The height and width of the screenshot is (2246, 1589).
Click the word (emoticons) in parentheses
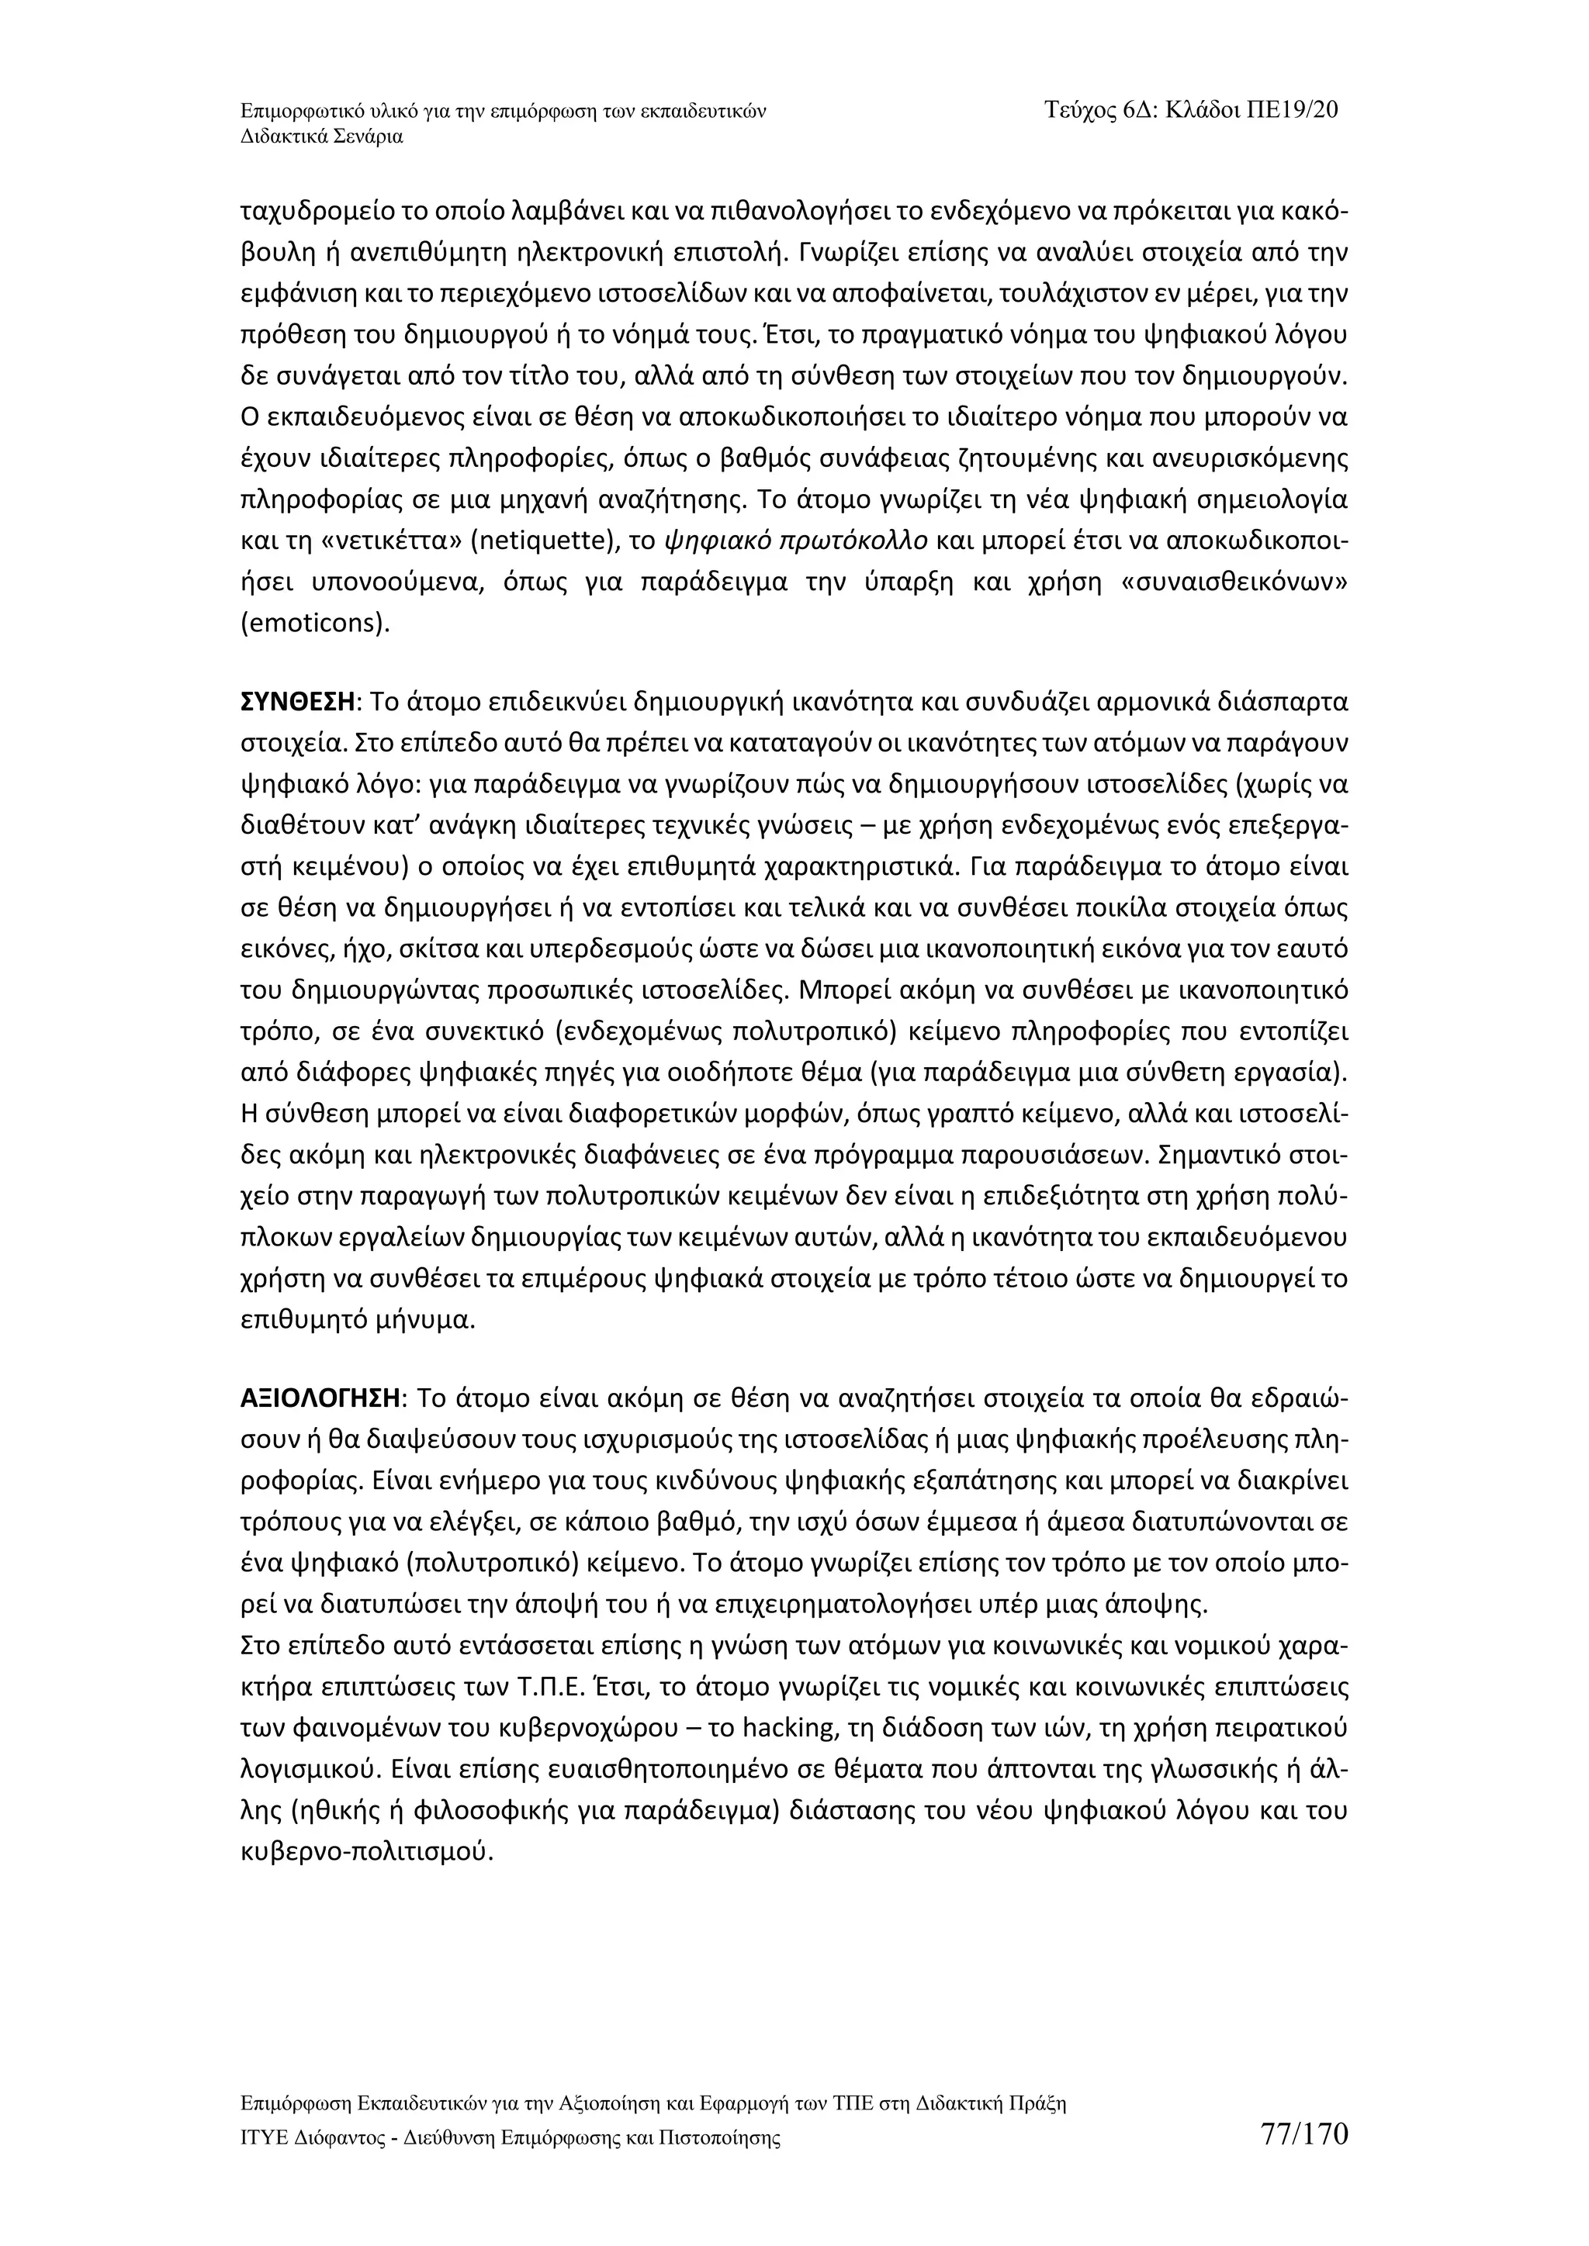315,623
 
